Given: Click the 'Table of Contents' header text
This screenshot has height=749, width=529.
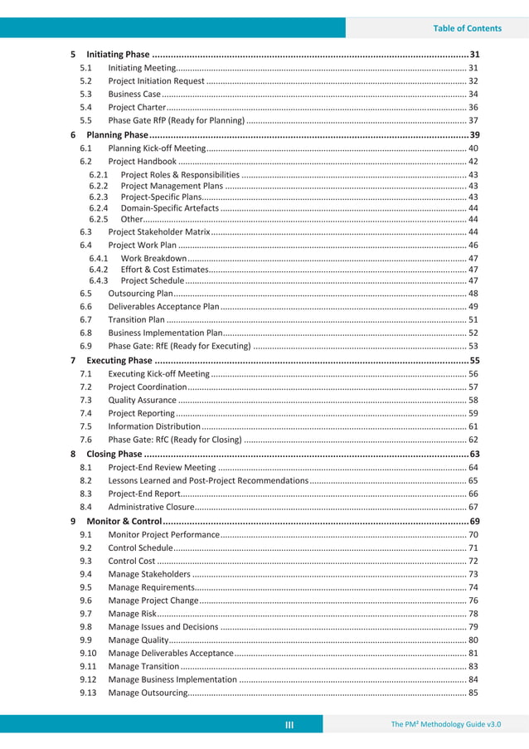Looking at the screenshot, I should (x=467, y=28).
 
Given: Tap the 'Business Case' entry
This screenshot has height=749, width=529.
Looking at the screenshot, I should (x=134, y=95).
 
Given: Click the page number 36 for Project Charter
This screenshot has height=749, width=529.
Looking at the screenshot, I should (x=473, y=108).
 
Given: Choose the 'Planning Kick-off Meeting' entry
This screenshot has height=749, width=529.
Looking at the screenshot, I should (x=157, y=148).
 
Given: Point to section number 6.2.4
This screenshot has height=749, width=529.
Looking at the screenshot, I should (x=99, y=208).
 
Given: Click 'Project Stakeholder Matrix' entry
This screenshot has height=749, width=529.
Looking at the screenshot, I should (x=159, y=232).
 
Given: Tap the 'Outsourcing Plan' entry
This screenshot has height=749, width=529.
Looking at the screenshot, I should (x=141, y=294).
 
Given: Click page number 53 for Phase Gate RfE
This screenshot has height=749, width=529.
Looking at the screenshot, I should (x=473, y=346).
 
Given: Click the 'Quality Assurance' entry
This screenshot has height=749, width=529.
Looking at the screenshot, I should (x=143, y=401).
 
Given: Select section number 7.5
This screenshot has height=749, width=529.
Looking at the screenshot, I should (x=85, y=427).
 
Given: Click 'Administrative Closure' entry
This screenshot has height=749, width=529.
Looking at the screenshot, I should (x=153, y=507).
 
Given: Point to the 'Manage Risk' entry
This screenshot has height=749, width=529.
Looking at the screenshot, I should (x=131, y=614).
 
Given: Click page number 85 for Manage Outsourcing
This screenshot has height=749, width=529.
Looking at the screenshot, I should (x=473, y=693).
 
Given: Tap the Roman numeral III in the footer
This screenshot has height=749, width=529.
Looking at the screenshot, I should (x=289, y=725).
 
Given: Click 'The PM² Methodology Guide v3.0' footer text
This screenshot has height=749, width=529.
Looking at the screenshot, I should (x=446, y=725).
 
